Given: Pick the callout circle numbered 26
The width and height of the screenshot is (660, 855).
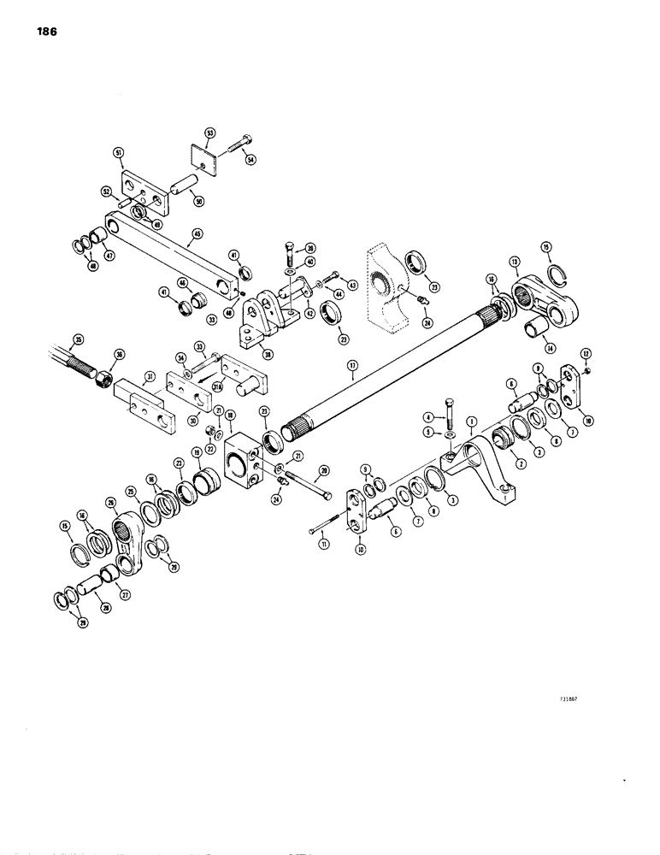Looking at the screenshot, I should point(111,502).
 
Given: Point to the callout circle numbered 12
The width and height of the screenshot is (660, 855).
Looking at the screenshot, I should point(586,352).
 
